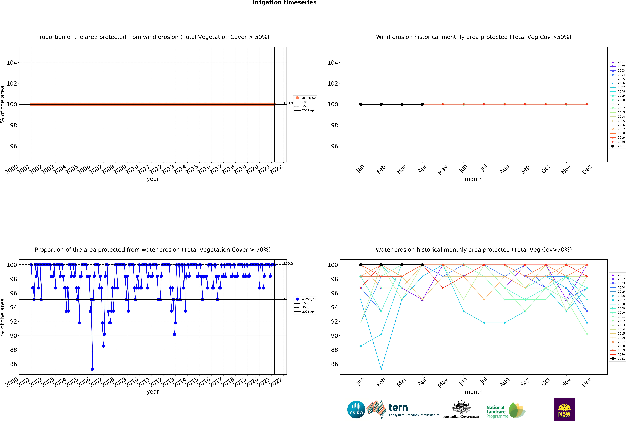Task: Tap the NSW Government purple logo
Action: [x=564, y=409]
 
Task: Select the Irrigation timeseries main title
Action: [x=284, y=3]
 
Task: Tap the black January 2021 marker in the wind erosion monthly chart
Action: [x=361, y=104]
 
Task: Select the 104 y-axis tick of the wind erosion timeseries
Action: [x=12, y=63]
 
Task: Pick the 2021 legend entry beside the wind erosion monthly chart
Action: [x=621, y=146]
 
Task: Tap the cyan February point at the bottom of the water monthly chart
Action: [x=381, y=369]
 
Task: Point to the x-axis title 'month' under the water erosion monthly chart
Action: [x=474, y=392]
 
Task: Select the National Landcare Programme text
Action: [x=497, y=412]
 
